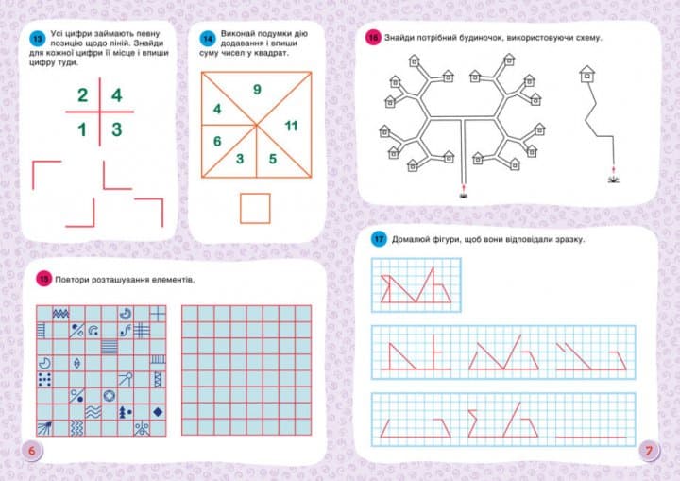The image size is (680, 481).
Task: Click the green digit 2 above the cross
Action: tap(82, 95)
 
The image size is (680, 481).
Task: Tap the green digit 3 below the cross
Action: tap(117, 129)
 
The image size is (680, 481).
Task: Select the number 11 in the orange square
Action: tap(291, 126)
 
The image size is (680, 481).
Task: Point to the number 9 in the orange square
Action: tap(257, 90)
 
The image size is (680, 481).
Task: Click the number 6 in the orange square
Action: tap(217, 141)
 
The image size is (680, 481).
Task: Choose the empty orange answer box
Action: tap(255, 209)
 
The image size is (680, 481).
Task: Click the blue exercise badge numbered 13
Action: tap(37, 39)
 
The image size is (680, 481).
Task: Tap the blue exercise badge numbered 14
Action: tap(208, 39)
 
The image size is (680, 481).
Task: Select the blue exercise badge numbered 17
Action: tap(379, 239)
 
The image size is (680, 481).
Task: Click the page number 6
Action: tap(32, 451)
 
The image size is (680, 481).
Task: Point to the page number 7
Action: tap(649, 451)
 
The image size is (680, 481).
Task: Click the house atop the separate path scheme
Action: tap(586, 75)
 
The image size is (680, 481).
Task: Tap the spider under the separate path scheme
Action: tap(613, 180)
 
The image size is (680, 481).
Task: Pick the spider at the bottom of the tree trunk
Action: tap(464, 196)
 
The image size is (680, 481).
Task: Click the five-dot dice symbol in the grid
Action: tap(44, 380)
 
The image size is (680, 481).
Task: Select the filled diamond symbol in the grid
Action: tap(158, 411)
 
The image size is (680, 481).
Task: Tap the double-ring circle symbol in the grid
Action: tap(110, 396)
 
